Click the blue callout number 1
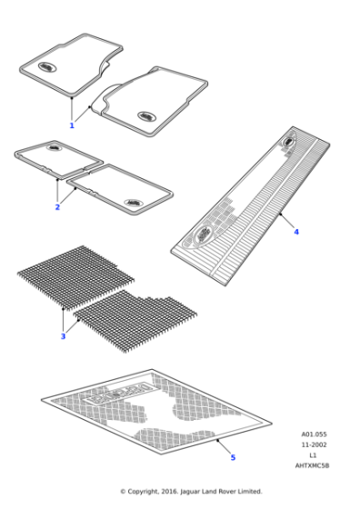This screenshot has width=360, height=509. (x=72, y=125)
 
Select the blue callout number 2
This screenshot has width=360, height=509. (x=57, y=208)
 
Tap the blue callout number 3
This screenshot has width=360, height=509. (x=63, y=337)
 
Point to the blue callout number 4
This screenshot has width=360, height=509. (x=295, y=232)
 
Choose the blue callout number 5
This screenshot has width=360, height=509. (x=232, y=457)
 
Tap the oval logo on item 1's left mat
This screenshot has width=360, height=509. (x=45, y=66)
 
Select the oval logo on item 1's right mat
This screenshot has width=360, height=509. (x=145, y=115)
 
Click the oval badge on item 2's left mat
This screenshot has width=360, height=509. (x=54, y=147)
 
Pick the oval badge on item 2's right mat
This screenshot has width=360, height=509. (x=133, y=203)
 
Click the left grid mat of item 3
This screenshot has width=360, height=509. (x=73, y=277)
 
